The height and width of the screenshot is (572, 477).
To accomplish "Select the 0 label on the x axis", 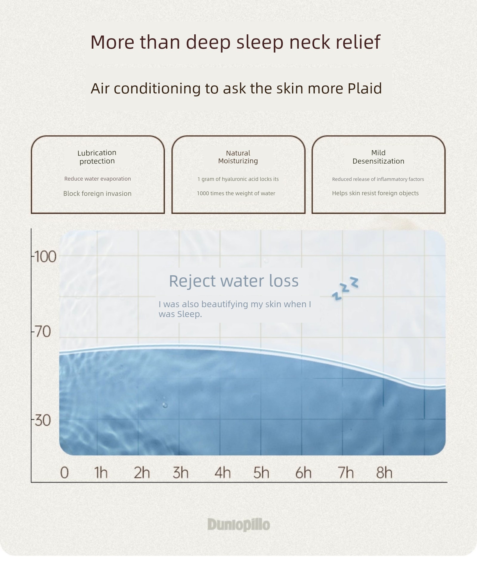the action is (x=64, y=473).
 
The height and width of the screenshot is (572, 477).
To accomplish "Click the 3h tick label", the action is (x=181, y=473).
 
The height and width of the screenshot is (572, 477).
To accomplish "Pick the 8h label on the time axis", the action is (x=384, y=473).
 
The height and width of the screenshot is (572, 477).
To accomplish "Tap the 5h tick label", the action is (x=261, y=473).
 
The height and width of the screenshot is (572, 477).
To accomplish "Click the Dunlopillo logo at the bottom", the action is (x=239, y=525).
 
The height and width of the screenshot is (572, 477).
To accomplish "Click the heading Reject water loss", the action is (x=234, y=281).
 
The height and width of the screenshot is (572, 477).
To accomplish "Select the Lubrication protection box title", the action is (x=97, y=157).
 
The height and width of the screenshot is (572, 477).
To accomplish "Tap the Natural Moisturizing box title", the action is (x=238, y=157).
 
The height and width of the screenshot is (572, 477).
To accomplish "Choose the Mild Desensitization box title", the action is (x=378, y=157).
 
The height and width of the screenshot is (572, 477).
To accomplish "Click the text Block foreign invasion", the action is (x=97, y=193).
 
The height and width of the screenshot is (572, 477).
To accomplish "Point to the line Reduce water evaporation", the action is (x=98, y=179).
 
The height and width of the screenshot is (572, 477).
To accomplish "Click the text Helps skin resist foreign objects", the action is (x=375, y=193).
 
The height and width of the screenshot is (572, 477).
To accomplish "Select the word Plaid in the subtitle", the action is (x=365, y=88).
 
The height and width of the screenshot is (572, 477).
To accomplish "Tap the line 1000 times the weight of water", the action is (x=236, y=193).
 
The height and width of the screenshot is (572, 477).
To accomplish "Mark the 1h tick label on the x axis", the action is (x=101, y=473).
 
